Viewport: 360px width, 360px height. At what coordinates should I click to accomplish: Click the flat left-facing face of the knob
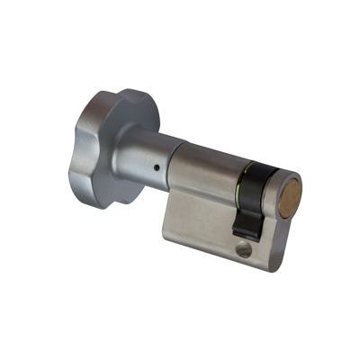click(90, 153)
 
